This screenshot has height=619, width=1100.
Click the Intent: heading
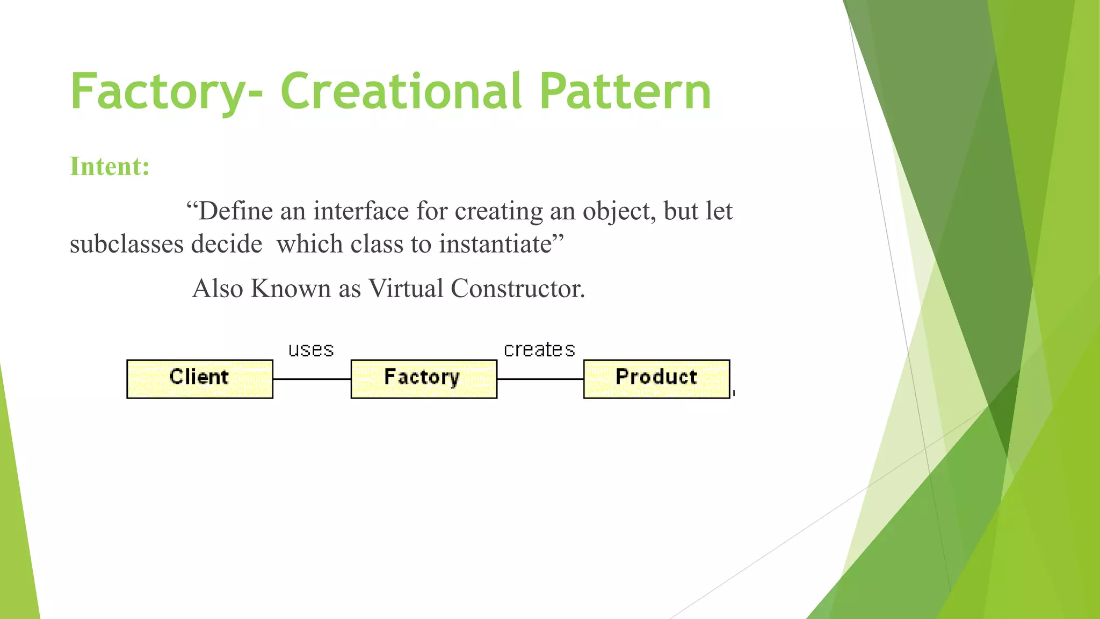coord(110,167)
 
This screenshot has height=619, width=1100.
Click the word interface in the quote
coord(361,211)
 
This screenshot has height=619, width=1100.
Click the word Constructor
coord(517,289)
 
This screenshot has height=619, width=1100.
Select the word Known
coord(291,289)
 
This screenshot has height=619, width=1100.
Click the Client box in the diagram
coord(200,379)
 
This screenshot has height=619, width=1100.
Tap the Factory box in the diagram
coord(424,379)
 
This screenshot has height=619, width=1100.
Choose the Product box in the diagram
coord(656,379)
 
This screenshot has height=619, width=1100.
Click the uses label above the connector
coord(311,350)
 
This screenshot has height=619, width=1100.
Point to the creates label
coord(539,350)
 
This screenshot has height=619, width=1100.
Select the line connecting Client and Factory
coord(312,379)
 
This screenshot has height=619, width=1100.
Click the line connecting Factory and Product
coord(540,379)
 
